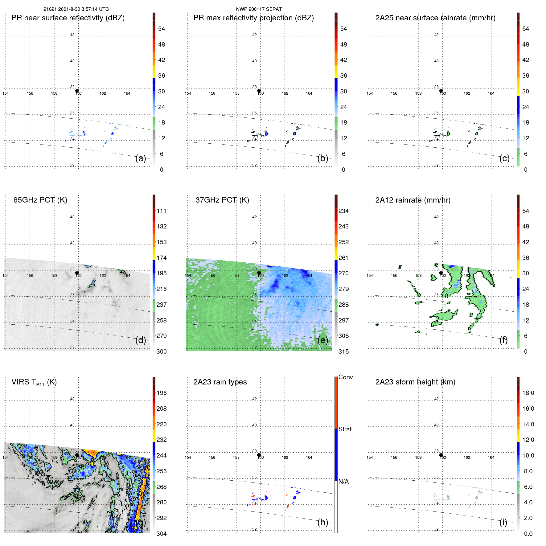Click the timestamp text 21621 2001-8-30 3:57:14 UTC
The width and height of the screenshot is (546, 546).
pos(76,9)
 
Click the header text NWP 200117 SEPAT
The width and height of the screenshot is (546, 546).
pos(259,9)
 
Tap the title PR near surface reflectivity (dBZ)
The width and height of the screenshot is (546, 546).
pos(68,18)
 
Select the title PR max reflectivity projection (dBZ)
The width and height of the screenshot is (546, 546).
pos(253,18)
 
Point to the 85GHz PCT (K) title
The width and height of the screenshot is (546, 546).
pos(40,200)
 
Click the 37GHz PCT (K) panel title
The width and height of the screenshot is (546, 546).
pos(222,200)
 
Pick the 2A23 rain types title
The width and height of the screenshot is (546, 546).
pos(220,382)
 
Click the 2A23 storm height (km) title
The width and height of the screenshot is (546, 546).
pos(415,382)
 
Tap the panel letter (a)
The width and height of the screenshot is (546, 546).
pos(141,158)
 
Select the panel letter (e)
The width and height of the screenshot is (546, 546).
pos(323,340)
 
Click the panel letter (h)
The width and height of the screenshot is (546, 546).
pos(323,522)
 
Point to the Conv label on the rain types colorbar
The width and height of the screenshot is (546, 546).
pos(345,377)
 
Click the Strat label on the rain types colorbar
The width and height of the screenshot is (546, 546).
pos(345,429)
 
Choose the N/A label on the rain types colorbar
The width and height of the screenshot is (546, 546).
pos(343,482)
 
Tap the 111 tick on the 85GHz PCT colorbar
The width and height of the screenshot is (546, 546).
pos(161,211)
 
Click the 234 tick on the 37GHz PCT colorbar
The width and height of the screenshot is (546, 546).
pos(343,211)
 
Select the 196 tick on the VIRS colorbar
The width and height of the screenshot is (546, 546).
pos(161,393)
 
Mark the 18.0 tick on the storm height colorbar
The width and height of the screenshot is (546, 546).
pos(528,393)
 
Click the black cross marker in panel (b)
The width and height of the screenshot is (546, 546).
pos(259,91)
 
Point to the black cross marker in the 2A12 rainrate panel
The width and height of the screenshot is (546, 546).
pos(441,273)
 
